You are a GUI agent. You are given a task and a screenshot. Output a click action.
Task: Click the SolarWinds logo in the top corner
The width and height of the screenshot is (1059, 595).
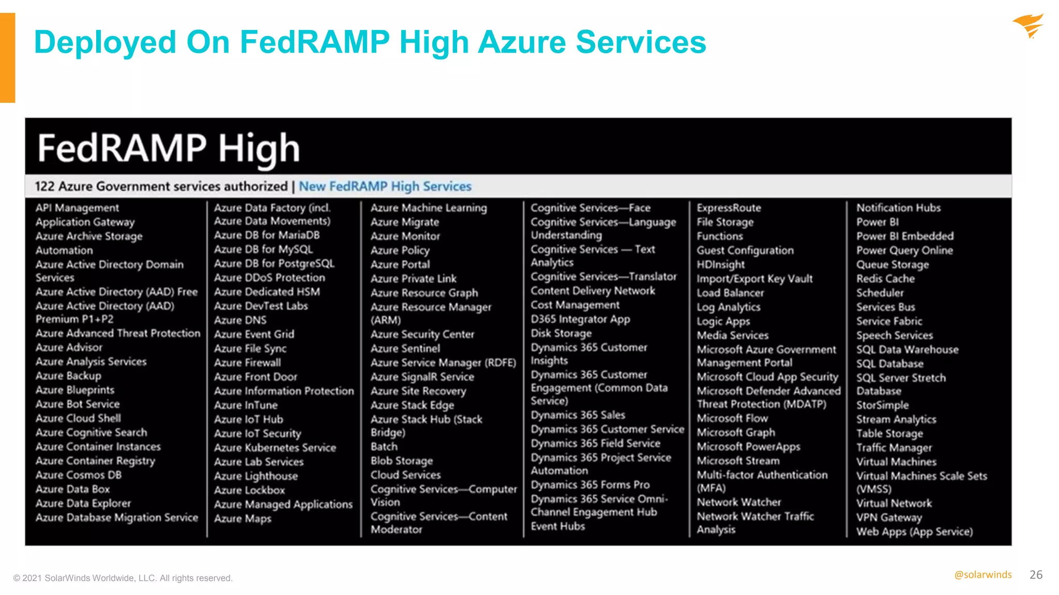pos(1029,26)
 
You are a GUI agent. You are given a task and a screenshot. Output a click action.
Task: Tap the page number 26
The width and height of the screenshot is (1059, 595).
pos(1036,575)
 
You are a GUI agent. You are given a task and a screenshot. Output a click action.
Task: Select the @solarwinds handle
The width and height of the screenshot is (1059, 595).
pos(982,575)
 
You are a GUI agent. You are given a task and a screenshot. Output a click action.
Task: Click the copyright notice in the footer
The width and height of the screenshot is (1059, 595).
pos(123,578)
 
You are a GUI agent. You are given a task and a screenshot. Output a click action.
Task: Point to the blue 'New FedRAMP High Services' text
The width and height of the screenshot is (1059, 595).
pos(385,186)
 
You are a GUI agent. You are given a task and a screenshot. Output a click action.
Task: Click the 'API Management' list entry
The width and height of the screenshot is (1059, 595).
pos(77,208)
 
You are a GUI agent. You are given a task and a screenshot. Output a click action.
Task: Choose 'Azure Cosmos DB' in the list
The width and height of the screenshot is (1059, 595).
pos(79,475)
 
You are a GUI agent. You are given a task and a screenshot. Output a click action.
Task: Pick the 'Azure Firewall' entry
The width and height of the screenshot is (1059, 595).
pos(248,363)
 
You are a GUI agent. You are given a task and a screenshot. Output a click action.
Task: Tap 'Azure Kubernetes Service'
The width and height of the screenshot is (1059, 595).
pos(275,448)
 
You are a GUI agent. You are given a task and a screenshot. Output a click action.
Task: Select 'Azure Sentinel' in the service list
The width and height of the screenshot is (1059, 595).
pos(405,349)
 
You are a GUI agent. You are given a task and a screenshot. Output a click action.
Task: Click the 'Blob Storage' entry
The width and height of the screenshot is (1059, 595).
pos(402,461)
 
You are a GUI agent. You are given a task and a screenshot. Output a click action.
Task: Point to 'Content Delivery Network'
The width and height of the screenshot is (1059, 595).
pos(593,291)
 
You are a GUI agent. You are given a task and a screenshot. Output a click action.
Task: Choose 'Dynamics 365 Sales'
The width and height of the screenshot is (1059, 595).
pos(578,415)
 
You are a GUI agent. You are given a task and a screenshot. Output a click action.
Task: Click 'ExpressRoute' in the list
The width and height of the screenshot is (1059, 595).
pos(729,208)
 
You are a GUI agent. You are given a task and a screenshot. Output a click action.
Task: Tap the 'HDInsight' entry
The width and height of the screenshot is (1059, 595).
pos(720,264)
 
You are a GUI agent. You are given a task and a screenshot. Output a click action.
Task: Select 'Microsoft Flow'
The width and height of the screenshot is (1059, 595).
pos(732,418)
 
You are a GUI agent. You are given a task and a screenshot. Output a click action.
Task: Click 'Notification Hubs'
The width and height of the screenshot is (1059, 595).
pos(898,208)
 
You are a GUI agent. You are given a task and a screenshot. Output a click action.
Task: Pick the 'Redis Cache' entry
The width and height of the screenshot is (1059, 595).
pos(885,279)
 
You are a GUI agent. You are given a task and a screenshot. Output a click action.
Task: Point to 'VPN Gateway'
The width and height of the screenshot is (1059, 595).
pos(889,518)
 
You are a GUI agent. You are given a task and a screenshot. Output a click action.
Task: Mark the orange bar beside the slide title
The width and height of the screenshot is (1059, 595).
pos(8,58)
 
